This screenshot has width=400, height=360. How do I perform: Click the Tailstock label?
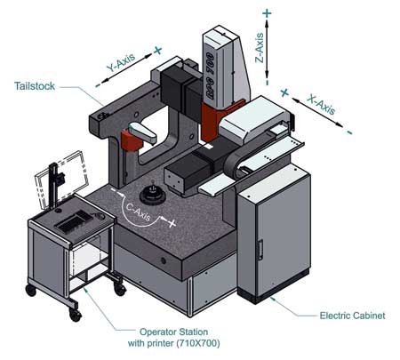35,86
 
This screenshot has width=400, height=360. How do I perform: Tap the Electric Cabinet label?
352,316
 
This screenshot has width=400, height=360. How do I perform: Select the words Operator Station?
173,332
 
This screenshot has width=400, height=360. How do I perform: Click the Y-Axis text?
121,62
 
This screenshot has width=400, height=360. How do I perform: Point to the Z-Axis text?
260,48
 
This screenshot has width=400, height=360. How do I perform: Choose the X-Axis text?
322,105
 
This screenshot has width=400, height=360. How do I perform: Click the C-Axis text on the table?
139,212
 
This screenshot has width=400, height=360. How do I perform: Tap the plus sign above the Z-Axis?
267,13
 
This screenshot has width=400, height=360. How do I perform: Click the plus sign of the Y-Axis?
158,50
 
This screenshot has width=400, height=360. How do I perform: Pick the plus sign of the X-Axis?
284,92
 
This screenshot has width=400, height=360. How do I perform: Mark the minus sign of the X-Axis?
349,132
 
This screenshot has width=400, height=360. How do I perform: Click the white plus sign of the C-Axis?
172,222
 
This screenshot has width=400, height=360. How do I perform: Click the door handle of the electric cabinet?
260,250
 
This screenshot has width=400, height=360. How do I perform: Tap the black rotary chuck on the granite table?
152,195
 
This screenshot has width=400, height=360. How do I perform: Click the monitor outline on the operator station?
61,179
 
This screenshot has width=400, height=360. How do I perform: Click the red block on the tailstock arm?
131,140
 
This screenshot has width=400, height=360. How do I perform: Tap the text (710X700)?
198,343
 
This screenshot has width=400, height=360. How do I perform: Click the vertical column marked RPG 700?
226,68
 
